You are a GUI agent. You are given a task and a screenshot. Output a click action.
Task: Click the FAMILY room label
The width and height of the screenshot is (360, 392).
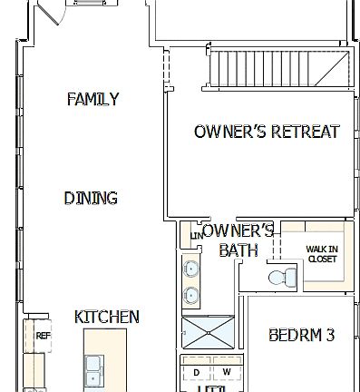pos(92,100)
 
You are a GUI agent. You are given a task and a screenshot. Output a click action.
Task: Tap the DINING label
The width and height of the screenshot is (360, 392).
pos(91,198)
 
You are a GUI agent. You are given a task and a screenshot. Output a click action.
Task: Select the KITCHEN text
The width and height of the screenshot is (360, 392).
pos(106,317)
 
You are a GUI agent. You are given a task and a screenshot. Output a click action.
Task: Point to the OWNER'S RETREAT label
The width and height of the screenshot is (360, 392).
pos(267,132)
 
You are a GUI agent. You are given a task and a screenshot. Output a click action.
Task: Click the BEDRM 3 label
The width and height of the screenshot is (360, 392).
pos(302,335)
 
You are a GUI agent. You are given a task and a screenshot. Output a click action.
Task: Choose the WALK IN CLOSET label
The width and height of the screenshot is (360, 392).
pos(322,253)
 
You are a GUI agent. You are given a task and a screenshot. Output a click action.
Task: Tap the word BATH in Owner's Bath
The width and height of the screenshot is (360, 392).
pos(238,250)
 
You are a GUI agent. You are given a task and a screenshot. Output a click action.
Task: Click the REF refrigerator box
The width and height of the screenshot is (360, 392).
pos(42,336)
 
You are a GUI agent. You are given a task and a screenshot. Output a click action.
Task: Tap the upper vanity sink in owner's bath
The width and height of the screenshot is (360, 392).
pos(191,269)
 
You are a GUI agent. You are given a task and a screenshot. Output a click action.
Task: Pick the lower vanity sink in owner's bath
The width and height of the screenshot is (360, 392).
pos(191,294)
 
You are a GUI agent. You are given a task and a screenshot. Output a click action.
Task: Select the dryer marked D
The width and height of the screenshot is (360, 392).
pos(195,372)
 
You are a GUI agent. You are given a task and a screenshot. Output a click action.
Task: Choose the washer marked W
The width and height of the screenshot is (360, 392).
pos(226,372)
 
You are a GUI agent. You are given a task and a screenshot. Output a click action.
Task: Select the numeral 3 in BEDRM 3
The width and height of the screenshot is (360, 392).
pos(330,335)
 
